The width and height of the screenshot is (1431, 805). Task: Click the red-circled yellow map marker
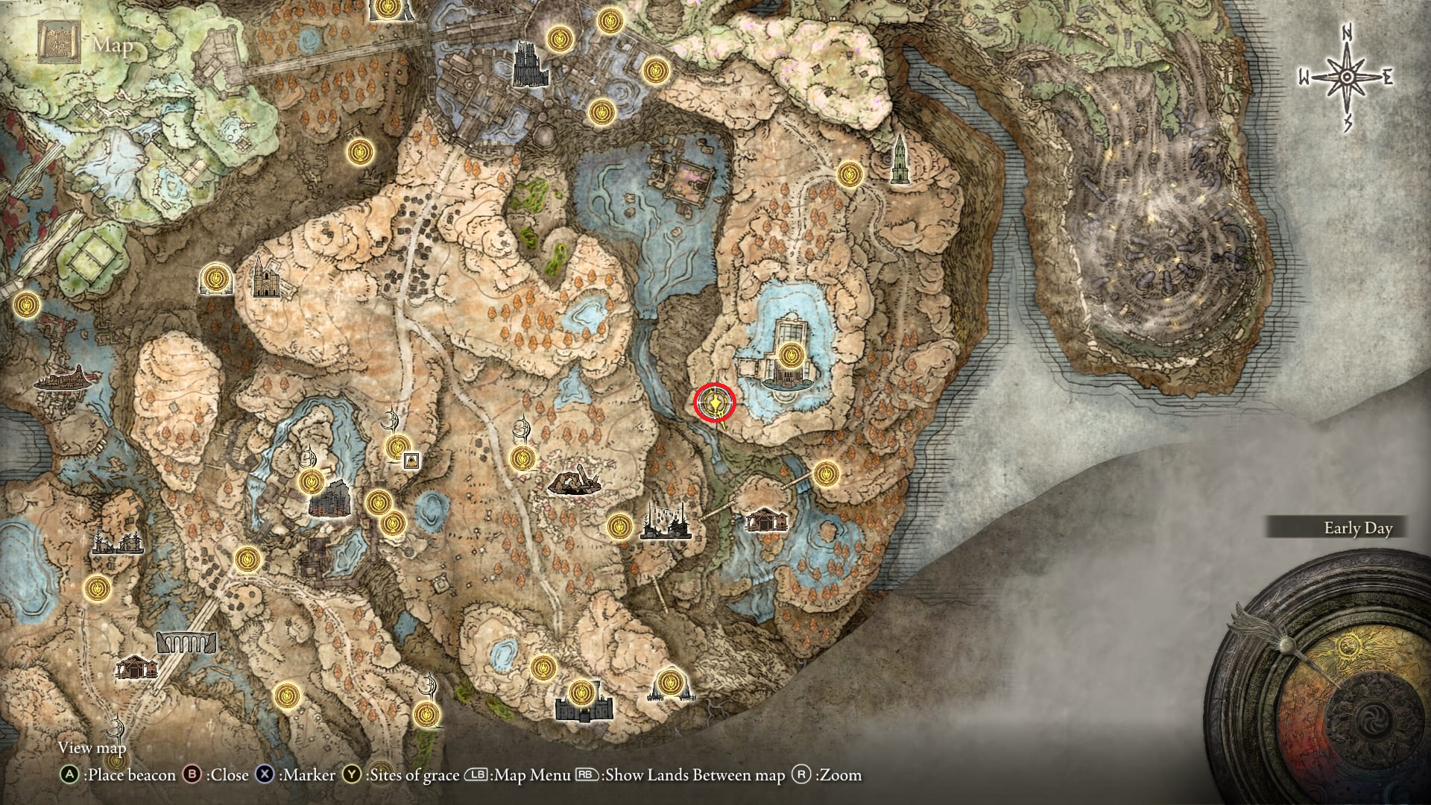(715, 403)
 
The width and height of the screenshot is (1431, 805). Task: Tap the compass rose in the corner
(1347, 77)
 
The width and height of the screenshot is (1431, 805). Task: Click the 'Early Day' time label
(1357, 528)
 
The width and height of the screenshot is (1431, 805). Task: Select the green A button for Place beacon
(69, 775)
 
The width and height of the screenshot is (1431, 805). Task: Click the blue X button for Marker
(265, 775)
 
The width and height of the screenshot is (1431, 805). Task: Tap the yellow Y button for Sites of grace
(352, 775)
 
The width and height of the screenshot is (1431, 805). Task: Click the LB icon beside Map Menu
(476, 775)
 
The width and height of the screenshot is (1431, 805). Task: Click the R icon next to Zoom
(801, 775)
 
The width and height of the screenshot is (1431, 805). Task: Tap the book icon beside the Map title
(58, 45)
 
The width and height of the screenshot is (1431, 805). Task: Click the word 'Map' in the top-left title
(113, 45)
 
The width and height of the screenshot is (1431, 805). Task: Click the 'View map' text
(92, 748)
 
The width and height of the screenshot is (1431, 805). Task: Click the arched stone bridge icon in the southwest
(186, 642)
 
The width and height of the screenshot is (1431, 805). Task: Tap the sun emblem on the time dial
(1348, 646)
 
